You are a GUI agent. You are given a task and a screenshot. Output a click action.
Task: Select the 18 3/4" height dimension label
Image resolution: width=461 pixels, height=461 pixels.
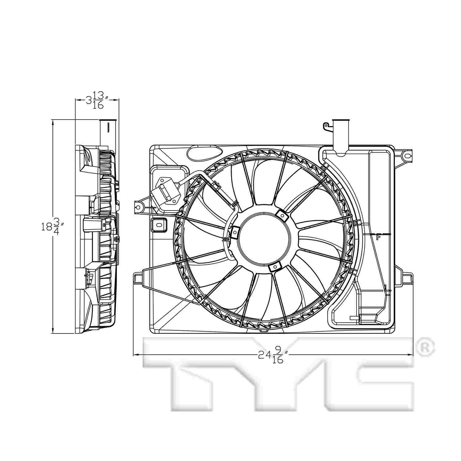point(53,227)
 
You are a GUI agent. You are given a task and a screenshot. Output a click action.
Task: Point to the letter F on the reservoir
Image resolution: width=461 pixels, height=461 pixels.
point(378,236)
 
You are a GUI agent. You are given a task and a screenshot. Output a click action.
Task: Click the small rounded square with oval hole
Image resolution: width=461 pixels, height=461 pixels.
point(159,225)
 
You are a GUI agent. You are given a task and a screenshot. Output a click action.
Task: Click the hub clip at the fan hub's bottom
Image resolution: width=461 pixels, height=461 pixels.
point(274,267)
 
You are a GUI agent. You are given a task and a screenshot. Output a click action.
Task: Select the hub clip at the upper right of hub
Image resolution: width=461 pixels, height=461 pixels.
point(281,215)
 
